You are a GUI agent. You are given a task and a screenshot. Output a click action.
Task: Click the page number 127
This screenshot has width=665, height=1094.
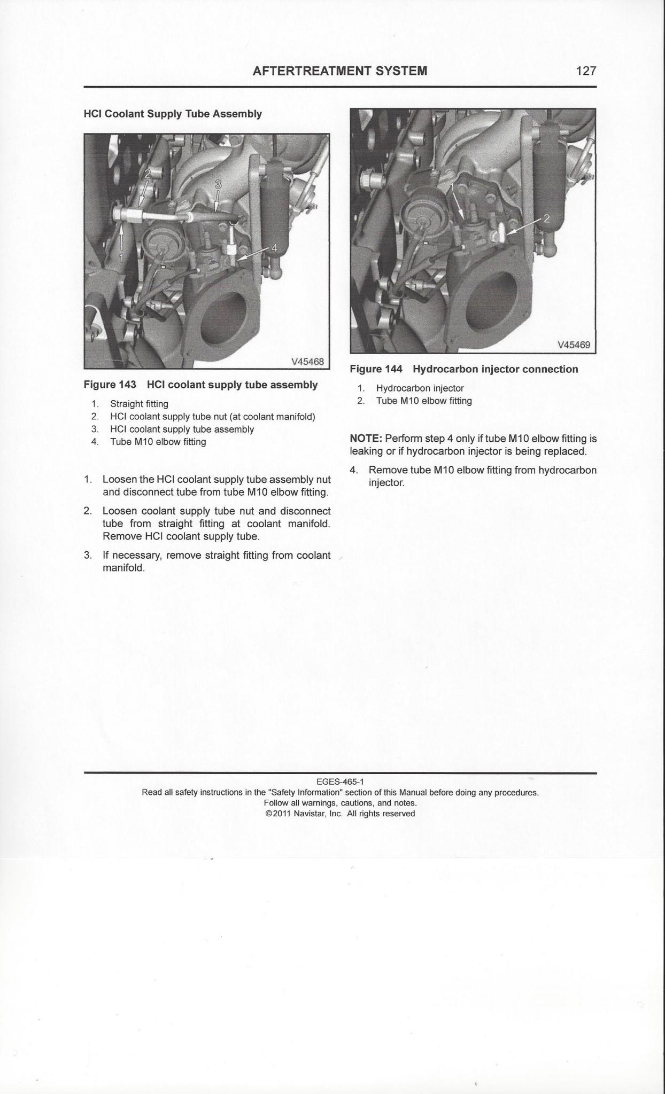click(586, 71)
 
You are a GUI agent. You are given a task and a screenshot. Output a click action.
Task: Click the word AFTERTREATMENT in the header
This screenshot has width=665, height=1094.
click(313, 71)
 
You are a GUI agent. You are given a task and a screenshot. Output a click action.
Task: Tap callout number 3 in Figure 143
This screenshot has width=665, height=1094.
click(218, 185)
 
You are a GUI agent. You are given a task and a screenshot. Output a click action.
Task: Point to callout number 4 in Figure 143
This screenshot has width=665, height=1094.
click(274, 248)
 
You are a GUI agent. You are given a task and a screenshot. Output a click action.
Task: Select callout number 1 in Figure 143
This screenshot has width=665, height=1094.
click(120, 257)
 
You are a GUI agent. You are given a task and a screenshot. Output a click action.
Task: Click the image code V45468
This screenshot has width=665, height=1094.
click(307, 361)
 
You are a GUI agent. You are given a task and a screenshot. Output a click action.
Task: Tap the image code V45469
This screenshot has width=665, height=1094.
click(574, 345)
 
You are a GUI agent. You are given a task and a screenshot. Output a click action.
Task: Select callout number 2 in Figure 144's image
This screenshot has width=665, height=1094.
click(546, 218)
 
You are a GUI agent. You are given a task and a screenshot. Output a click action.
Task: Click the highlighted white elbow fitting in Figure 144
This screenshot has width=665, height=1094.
click(501, 232)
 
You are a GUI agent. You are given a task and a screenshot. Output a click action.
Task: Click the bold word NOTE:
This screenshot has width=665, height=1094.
click(366, 439)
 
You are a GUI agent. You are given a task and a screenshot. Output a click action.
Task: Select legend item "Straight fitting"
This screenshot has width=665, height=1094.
click(139, 404)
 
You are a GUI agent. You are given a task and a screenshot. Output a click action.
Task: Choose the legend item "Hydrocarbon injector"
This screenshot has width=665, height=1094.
click(420, 388)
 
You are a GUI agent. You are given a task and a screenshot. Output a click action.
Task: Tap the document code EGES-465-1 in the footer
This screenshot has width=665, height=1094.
click(340, 782)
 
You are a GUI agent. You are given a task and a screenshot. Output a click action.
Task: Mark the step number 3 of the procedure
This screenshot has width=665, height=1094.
click(87, 555)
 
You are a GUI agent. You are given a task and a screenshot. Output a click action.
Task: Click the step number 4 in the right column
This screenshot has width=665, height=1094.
click(353, 470)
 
